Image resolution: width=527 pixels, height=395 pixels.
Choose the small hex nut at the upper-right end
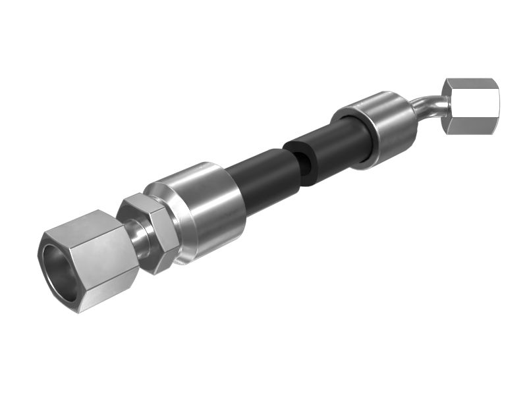(469, 105)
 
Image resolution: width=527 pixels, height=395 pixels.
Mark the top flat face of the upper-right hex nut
(469, 83)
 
